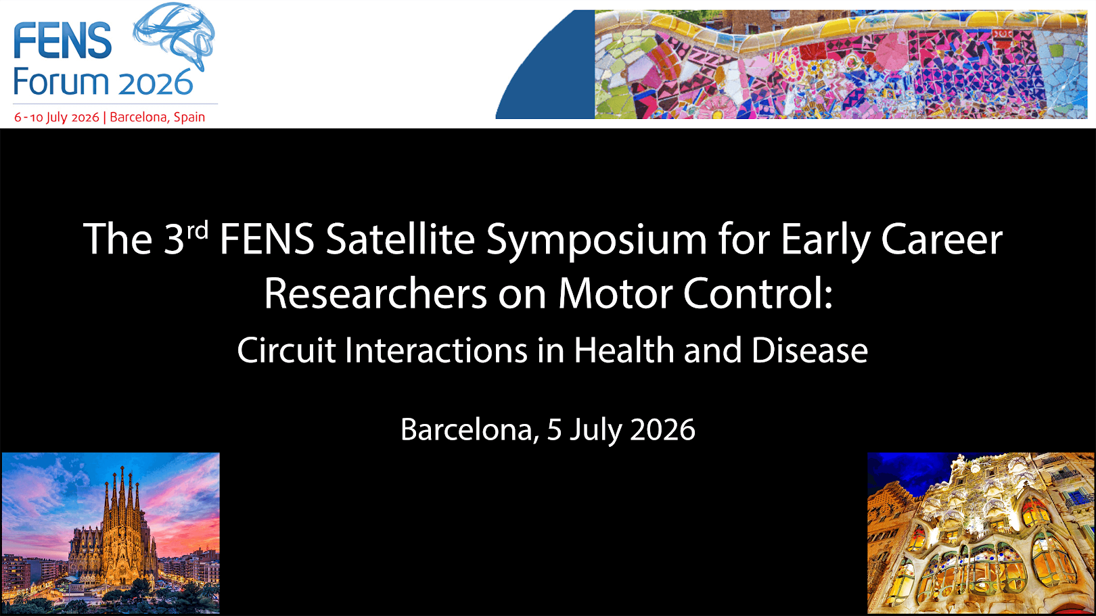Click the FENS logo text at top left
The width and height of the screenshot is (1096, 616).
click(x=63, y=41)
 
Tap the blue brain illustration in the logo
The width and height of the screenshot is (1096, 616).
click(x=174, y=35)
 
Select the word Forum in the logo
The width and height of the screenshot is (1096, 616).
click(x=61, y=82)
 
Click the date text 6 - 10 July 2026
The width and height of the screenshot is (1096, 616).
click(x=57, y=118)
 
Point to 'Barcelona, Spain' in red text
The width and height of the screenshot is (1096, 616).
click(x=158, y=118)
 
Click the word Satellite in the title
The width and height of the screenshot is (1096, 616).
click(x=401, y=239)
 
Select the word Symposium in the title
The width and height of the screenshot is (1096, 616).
click(x=597, y=243)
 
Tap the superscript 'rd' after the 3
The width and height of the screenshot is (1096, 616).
click(x=197, y=230)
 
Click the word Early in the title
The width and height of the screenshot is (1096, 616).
click(x=825, y=243)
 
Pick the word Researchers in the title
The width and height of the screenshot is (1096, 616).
click(x=375, y=294)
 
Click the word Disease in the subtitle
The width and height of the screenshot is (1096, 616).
click(x=809, y=350)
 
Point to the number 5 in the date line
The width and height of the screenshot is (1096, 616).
click(x=554, y=429)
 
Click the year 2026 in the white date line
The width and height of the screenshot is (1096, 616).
click(x=662, y=429)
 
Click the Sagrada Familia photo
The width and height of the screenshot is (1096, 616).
click(x=110, y=533)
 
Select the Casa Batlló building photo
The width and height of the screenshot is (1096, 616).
click(x=980, y=533)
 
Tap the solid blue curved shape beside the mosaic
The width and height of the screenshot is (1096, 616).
click(x=557, y=78)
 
